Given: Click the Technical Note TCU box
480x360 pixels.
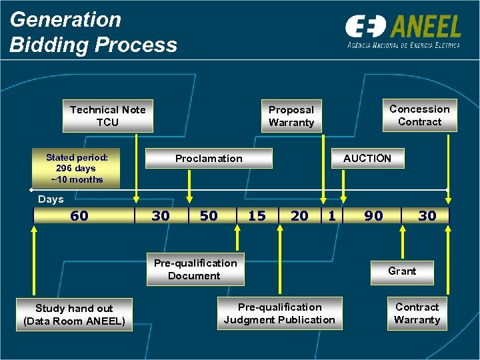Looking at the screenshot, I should click(x=107, y=116).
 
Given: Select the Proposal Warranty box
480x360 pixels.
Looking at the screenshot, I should click(x=291, y=116).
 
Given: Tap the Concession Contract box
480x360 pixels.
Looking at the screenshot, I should click(x=419, y=115).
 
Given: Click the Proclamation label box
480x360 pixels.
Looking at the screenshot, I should click(x=209, y=158).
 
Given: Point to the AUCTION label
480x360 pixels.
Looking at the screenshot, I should click(x=367, y=158).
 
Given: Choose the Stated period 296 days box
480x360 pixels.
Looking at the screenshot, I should click(x=77, y=169).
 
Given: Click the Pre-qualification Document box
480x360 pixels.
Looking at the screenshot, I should click(x=195, y=269).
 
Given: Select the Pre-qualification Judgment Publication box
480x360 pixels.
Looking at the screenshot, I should click(x=279, y=313).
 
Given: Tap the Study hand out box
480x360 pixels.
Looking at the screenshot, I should click(x=74, y=315).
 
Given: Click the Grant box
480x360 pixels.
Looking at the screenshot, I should click(x=402, y=271).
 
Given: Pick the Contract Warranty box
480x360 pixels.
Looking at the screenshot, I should click(x=417, y=313).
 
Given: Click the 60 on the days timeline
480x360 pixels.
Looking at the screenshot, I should click(x=79, y=215).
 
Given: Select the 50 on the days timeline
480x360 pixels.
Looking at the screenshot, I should click(x=209, y=215).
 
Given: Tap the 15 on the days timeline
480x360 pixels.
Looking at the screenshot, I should click(x=257, y=215).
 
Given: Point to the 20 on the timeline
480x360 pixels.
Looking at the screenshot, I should click(x=300, y=215).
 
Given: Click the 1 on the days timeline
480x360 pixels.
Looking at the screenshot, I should click(x=331, y=215).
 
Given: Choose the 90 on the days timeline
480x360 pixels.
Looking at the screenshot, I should click(x=373, y=215).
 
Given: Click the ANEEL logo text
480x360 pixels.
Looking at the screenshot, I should click(x=427, y=27).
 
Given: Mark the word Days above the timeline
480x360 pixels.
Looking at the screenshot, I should click(x=51, y=199).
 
